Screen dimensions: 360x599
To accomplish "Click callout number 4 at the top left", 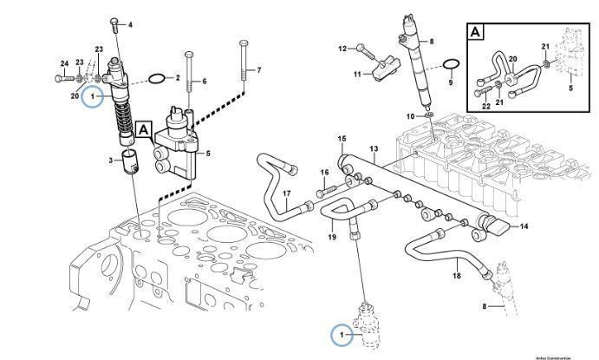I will point(130,24).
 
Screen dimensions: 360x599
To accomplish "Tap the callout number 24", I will point(64,62).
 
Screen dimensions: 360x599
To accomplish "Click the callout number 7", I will point(258,69).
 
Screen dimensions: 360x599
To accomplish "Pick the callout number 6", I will point(205,82).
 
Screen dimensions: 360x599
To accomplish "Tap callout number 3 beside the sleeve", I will point(110,160).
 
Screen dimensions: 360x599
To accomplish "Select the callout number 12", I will point(342,48).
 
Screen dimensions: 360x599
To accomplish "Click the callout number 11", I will point(356,75).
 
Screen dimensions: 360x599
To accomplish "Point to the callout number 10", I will point(413,115).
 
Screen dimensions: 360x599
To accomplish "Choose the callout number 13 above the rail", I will point(374,149).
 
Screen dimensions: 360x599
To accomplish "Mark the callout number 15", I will point(342,139).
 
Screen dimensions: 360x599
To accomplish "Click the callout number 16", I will point(325,173).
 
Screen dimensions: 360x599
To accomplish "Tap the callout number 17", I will point(286,193).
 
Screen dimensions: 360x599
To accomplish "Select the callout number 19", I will point(331,237).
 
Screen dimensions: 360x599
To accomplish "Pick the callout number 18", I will point(457,276).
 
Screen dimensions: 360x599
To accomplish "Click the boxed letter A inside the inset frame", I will point(476,33).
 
